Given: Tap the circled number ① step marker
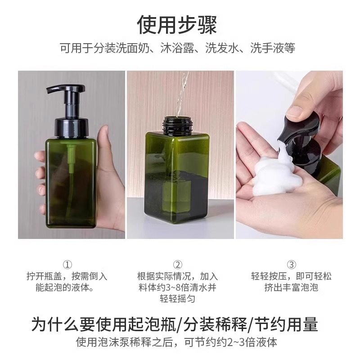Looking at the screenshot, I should click(x=68, y=265).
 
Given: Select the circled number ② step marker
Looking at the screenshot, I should click(x=178, y=265).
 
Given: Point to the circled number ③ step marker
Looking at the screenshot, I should click(x=291, y=265).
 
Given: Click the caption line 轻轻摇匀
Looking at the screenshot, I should click(x=177, y=298).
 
